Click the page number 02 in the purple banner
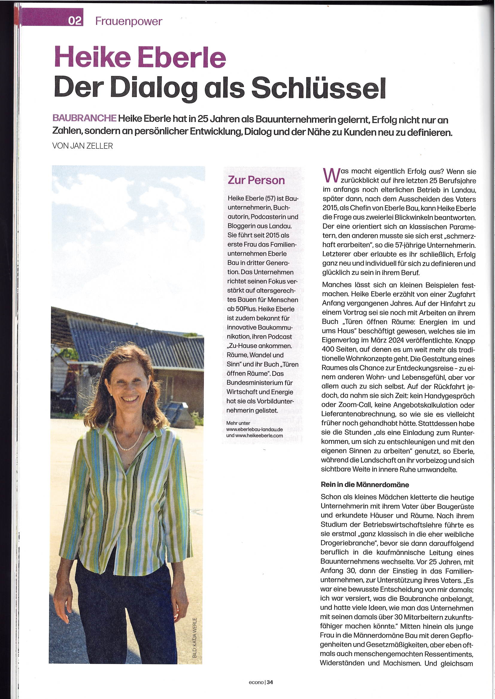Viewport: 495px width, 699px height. (75, 21)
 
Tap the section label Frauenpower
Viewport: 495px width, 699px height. (129, 21)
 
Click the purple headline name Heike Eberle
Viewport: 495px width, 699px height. (140, 57)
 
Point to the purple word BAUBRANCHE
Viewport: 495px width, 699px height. (84, 118)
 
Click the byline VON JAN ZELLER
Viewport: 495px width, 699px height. (83, 146)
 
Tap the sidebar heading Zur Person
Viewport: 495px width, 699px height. (256, 180)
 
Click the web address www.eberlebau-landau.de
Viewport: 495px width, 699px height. (254, 429)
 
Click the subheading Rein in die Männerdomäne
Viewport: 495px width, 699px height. (365, 484)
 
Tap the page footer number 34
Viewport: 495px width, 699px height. (270, 682)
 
